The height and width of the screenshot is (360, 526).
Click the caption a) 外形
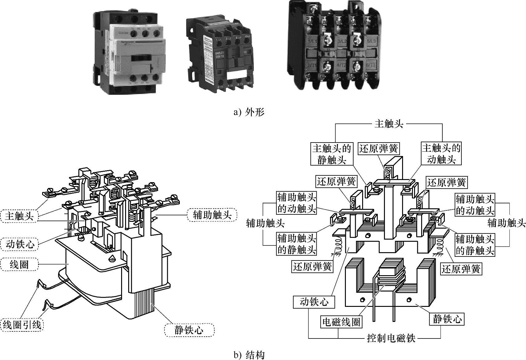(x=249, y=112)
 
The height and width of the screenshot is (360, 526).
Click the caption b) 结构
(x=249, y=355)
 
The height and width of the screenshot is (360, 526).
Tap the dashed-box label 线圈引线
(x=22, y=324)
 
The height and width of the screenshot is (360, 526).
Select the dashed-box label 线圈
(x=19, y=264)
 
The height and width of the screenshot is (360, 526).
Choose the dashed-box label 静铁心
(x=189, y=330)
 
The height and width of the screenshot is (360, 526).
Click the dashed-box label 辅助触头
(x=212, y=215)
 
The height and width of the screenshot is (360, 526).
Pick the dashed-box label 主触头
(x=19, y=216)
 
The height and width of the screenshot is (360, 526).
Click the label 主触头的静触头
(x=332, y=154)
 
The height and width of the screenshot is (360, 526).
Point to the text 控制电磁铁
(x=391, y=338)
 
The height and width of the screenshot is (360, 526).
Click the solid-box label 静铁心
(x=447, y=319)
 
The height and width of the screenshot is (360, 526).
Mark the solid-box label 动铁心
(x=314, y=302)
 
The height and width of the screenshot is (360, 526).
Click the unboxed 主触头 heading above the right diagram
(x=389, y=124)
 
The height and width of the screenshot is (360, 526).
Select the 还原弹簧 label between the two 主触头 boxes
(x=379, y=149)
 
